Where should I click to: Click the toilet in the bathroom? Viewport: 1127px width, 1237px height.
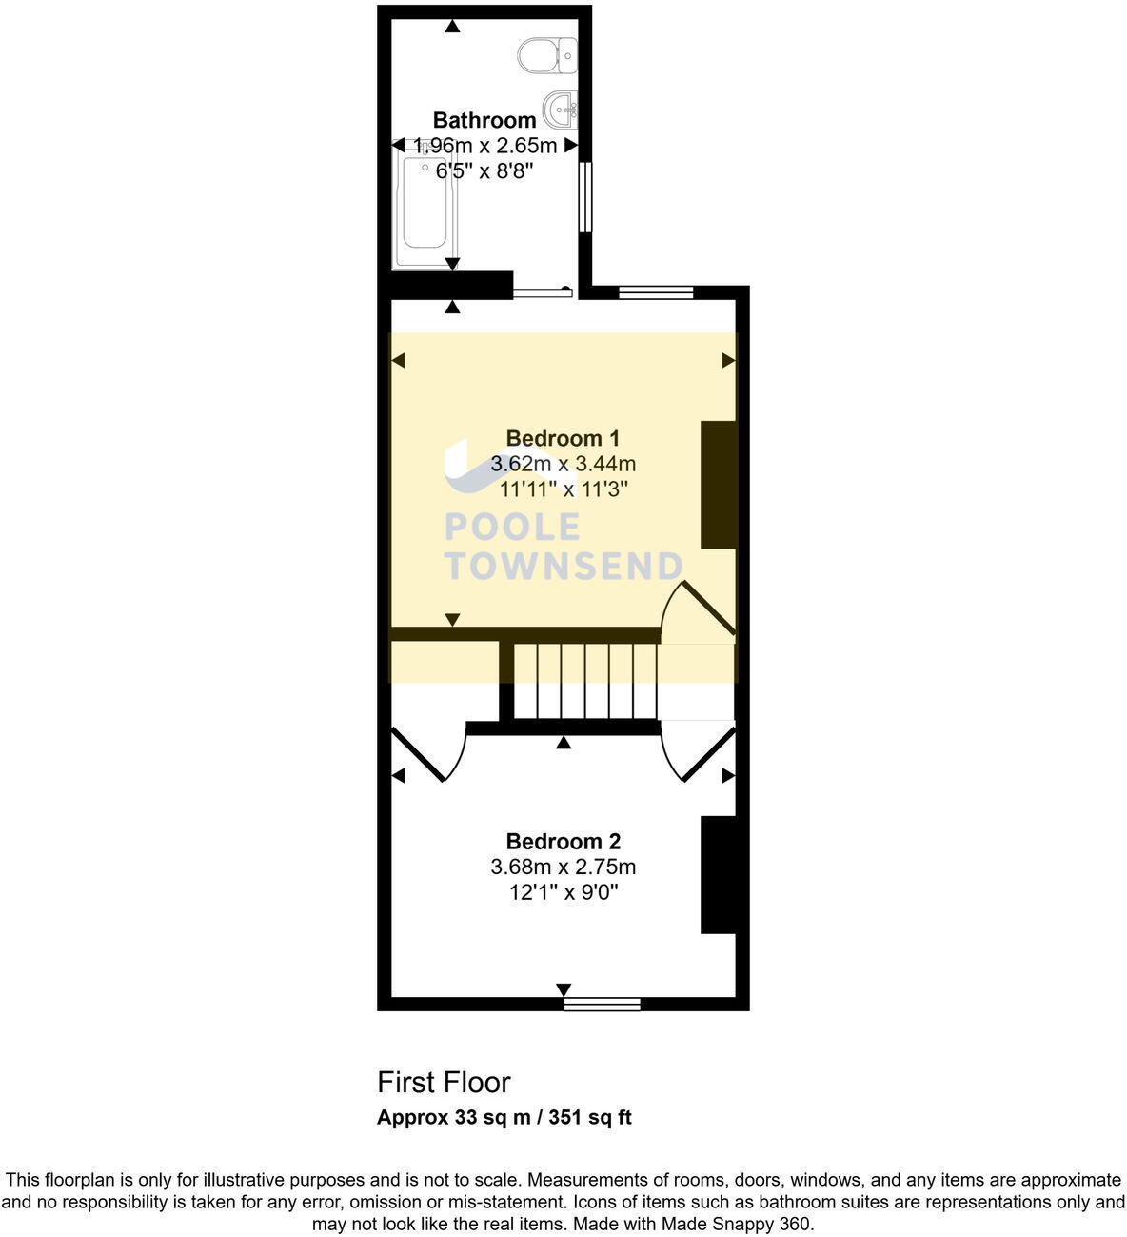[549, 55]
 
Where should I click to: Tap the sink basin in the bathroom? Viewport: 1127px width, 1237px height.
[562, 109]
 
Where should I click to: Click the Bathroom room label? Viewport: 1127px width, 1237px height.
[484, 120]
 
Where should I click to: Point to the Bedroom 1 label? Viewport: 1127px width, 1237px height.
[563, 438]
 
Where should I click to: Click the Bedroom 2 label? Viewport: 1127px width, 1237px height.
[563, 841]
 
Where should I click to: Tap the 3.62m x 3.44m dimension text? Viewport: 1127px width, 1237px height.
[563, 464]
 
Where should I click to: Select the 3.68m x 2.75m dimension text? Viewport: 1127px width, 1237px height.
[563, 867]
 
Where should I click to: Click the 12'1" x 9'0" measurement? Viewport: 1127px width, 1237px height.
[563, 892]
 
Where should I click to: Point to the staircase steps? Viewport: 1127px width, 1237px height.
[585, 681]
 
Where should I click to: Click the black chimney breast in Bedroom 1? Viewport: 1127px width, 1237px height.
[719, 484]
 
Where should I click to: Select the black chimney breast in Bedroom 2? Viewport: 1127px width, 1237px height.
[719, 874]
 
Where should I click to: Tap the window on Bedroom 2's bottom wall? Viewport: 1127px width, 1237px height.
[602, 1003]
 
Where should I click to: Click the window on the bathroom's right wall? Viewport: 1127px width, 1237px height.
[585, 196]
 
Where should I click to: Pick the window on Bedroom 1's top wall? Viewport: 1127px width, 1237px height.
[656, 292]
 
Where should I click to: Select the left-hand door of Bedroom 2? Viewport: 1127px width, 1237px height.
[428, 752]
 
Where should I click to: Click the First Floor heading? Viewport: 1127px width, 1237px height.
[444, 1082]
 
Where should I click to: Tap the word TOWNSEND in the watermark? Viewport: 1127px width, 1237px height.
[563, 566]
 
